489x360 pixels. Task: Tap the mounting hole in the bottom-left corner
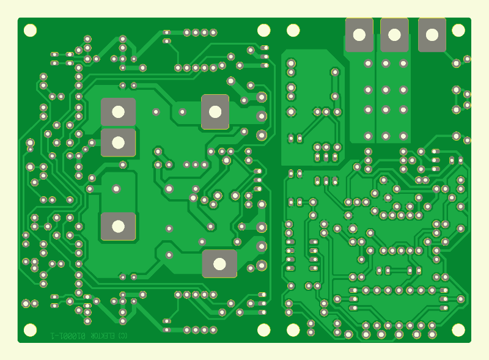30,330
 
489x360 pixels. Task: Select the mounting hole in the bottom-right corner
458,330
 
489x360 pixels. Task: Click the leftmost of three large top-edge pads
359,35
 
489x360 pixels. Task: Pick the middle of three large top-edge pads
394,35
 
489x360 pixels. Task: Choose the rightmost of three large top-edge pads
432,35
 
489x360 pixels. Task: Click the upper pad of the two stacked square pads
118,112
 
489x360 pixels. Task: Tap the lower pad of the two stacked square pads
118,142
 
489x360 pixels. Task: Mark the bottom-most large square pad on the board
219,263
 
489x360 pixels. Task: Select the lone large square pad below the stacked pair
118,226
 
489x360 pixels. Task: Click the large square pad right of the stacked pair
215,112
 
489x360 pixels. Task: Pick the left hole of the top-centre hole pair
263,30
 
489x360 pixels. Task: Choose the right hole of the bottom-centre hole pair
293,330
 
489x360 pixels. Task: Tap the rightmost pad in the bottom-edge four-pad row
213,330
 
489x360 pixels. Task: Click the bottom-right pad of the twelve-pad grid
403,136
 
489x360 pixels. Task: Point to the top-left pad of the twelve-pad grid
368,63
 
